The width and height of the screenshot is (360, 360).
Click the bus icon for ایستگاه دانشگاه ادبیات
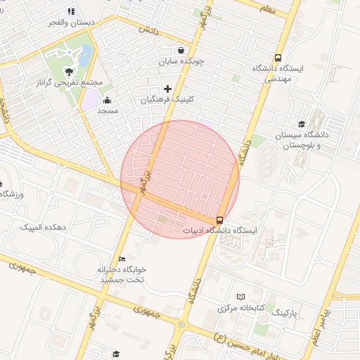[x=220, y=219]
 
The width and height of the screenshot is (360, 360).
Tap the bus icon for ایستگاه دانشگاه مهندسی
[x=278, y=59]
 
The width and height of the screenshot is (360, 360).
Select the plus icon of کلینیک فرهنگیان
[x=167, y=89]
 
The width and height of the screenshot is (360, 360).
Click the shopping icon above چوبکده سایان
[x=181, y=51]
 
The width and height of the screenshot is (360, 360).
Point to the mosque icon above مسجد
[x=107, y=100]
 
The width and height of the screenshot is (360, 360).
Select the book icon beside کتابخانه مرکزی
[x=241, y=297]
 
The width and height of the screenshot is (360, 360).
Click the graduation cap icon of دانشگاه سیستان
[x=302, y=124]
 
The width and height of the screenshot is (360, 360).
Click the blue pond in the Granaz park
[x=85, y=53]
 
